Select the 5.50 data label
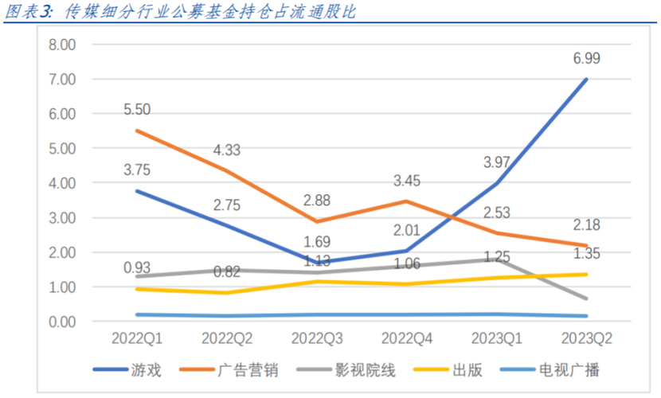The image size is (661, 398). coord(138,110)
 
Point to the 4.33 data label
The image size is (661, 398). coord(227,150)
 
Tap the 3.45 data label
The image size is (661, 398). coord(407,181)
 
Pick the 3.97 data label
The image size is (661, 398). coord(499,164)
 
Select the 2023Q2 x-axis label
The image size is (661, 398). coord(586,338)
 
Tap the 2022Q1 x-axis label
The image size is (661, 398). coord(138,338)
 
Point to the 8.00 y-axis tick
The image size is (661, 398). coord(61,45)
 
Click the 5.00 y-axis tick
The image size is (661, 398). coord(61,149)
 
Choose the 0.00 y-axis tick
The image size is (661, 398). coord(61,322)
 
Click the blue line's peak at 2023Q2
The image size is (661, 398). coord(586,80)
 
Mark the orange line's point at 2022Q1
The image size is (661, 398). coord(138,131)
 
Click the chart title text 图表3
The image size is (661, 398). coord(24,11)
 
